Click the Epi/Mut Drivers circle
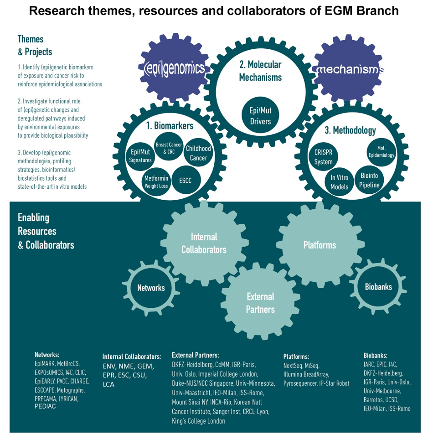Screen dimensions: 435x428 tap(260, 116)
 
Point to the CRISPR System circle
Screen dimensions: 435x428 tap(323, 157)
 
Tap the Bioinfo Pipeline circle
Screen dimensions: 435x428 tap(370, 180)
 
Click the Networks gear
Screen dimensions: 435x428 tap(151, 288)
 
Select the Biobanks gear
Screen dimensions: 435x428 tap(378, 287)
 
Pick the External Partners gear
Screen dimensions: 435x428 tap(260, 303)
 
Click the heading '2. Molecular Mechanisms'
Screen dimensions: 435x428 tap(260, 71)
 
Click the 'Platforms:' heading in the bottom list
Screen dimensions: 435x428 tap(296, 357)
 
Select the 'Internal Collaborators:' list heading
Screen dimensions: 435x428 tap(132, 357)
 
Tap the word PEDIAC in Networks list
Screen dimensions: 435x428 tap(45, 406)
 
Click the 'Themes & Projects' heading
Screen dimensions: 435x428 tap(35, 45)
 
